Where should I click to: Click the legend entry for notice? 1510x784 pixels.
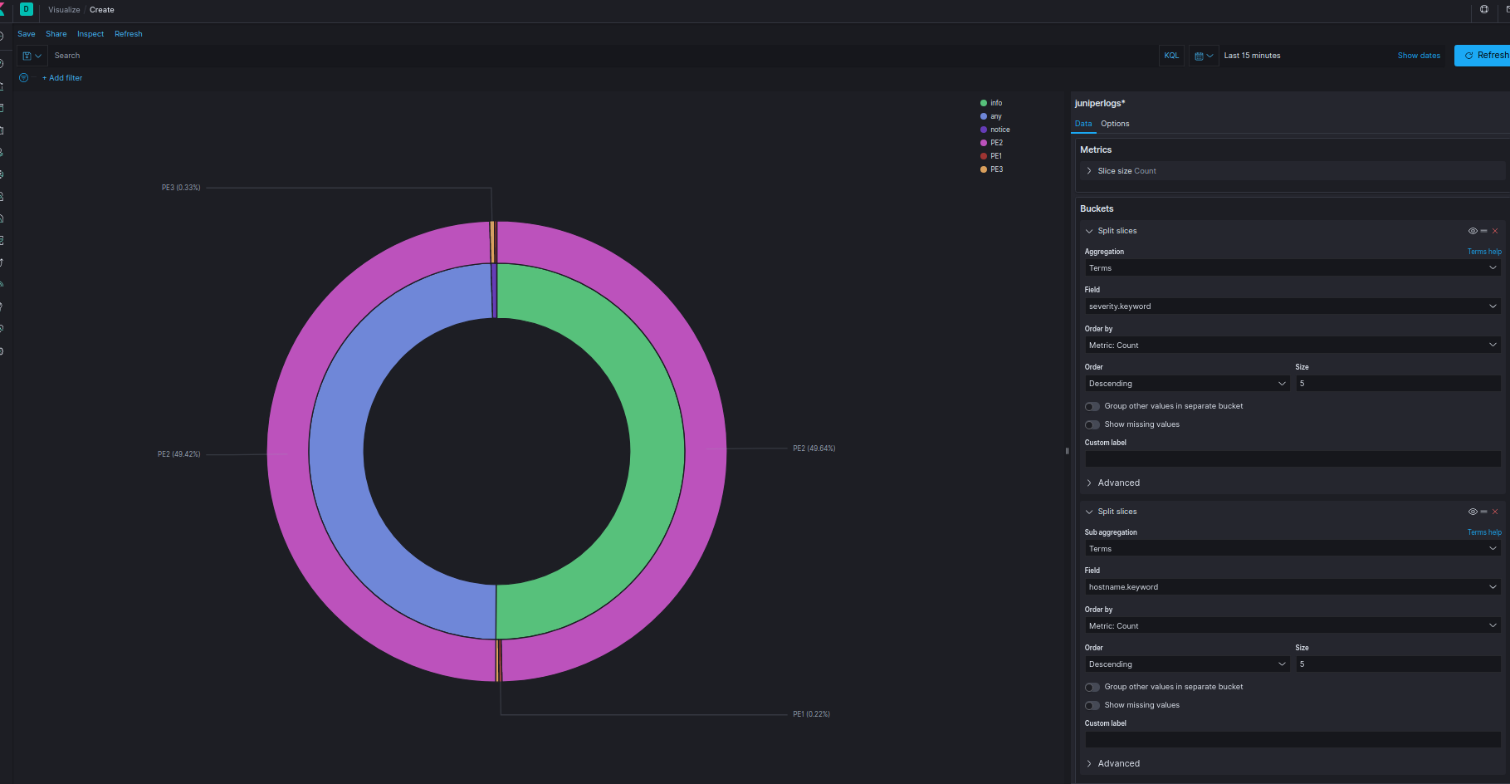(x=995, y=130)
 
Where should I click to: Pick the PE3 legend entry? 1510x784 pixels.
(x=992, y=169)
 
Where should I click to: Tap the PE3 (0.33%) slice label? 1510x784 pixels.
(x=181, y=188)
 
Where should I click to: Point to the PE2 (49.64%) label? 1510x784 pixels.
(x=814, y=448)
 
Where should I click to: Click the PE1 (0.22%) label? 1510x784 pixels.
(x=811, y=714)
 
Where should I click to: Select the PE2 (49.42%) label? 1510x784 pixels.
(x=179, y=454)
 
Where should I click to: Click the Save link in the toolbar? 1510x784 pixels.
(x=27, y=34)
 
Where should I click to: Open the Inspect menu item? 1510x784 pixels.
(x=90, y=34)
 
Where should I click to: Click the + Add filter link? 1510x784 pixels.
(x=62, y=78)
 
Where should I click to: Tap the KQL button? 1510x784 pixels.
(x=1171, y=56)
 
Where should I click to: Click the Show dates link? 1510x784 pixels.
(x=1419, y=56)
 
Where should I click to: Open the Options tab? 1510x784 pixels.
(x=1115, y=124)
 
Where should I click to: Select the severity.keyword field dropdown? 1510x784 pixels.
(x=1293, y=306)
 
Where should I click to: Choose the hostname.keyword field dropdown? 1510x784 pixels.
(x=1293, y=587)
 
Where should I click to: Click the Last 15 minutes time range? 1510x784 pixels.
(x=1252, y=56)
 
